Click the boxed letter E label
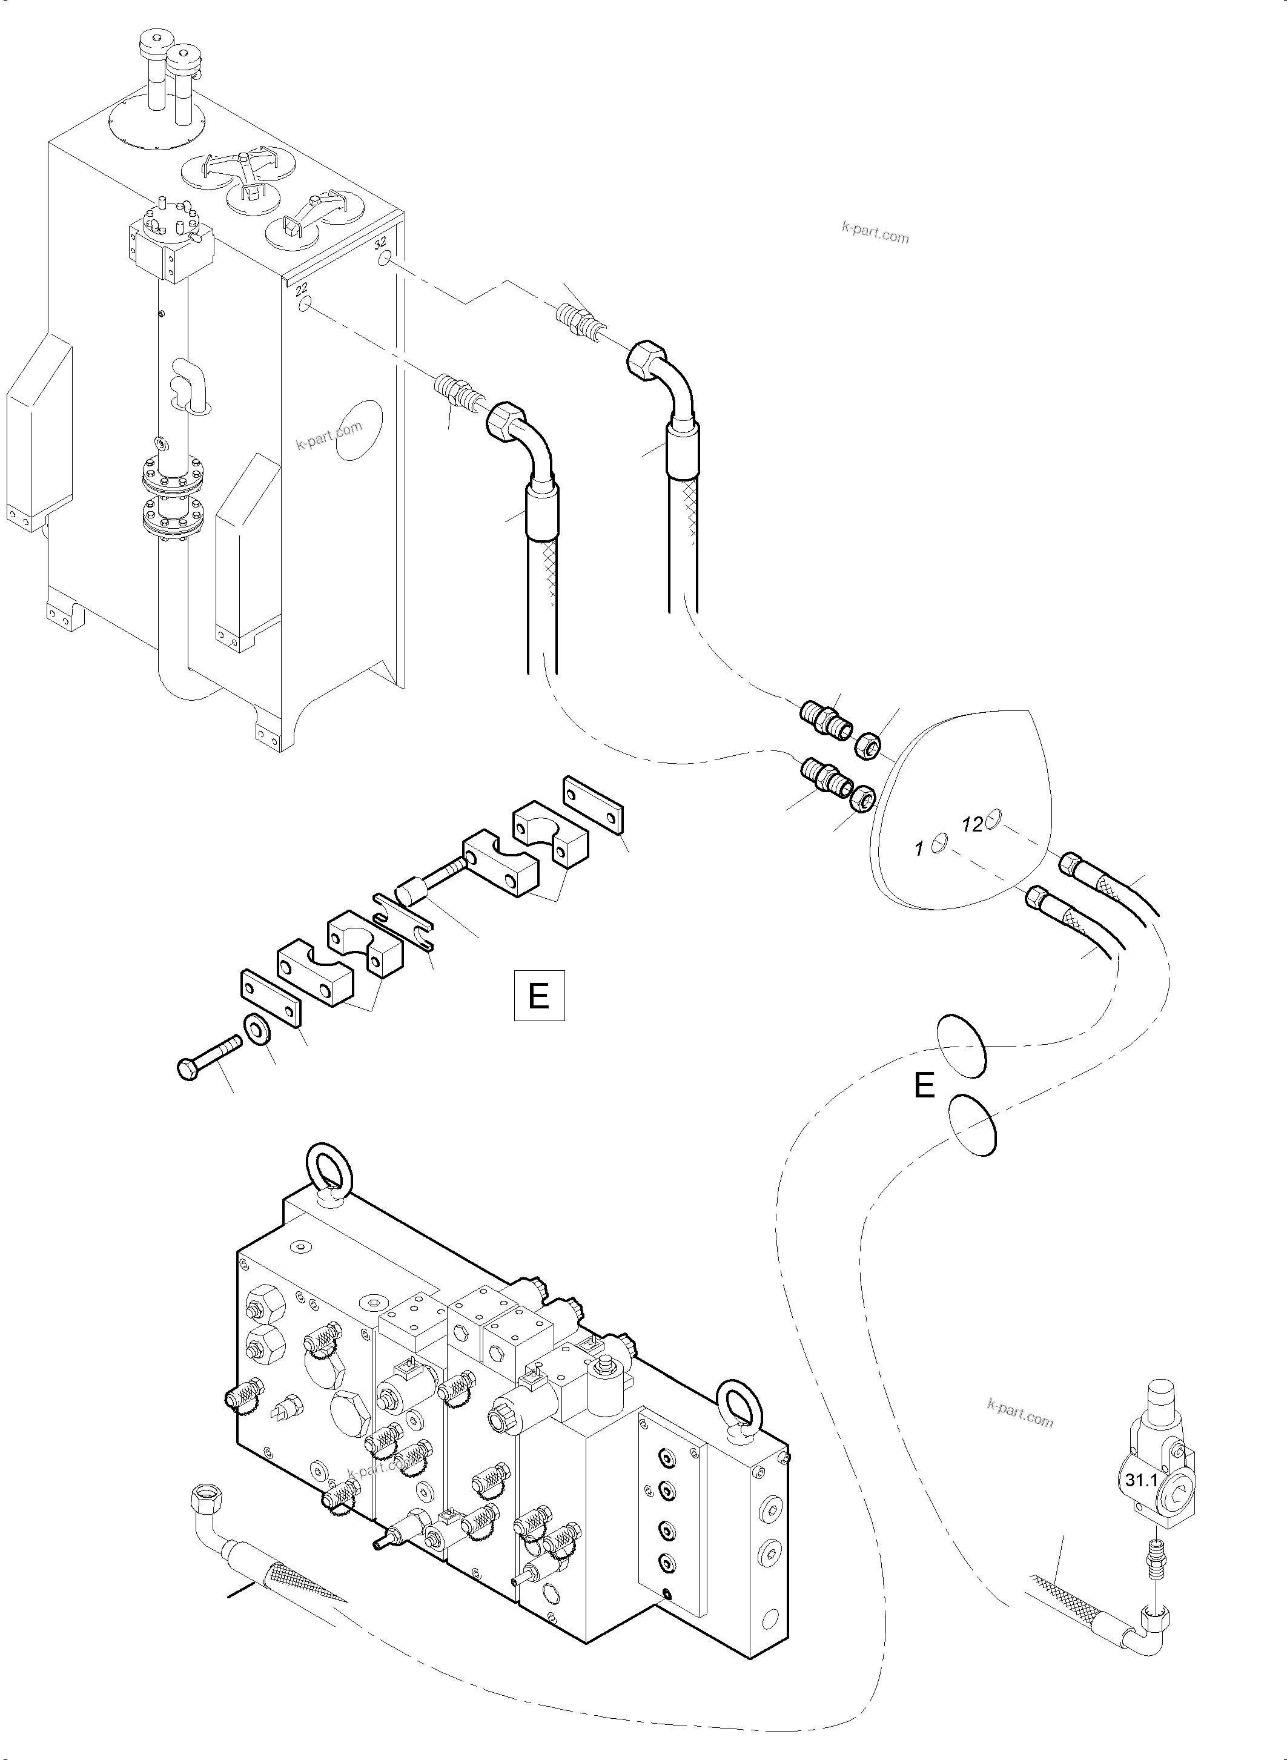[539, 996]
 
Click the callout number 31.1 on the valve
[1140, 1480]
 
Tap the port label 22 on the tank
[302, 289]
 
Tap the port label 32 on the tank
[380, 242]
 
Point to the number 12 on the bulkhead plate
[971, 824]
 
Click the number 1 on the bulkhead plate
[919, 849]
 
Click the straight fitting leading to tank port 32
[580, 319]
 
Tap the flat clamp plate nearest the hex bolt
[270, 998]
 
